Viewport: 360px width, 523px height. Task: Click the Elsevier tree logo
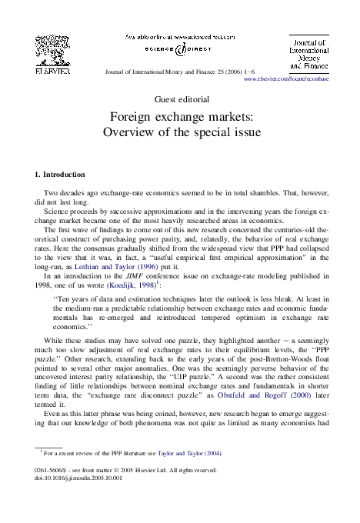coord(52,48)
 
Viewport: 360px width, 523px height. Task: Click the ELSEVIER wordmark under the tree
coord(52,71)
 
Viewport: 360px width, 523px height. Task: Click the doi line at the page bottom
coord(73,478)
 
